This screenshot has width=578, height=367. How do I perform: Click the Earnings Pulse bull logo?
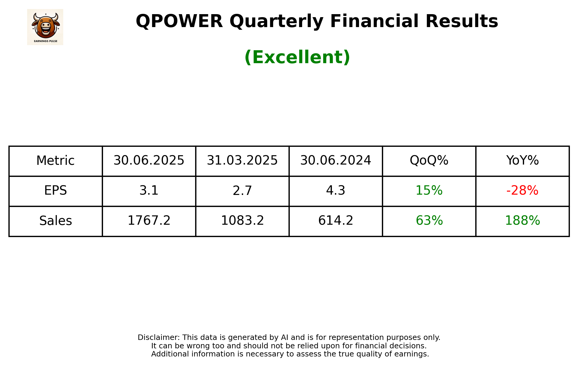click(x=45, y=27)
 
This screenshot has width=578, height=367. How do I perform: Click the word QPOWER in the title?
click(x=179, y=22)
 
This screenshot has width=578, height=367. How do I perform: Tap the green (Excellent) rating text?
click(x=297, y=57)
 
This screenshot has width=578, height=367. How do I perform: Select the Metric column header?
click(x=55, y=161)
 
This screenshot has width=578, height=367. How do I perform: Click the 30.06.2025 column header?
click(x=149, y=161)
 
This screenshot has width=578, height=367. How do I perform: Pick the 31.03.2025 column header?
click(x=242, y=161)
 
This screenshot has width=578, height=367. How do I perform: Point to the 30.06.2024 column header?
click(x=336, y=161)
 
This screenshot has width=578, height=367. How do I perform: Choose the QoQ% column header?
click(x=429, y=161)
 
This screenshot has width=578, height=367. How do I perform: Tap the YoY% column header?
click(x=522, y=161)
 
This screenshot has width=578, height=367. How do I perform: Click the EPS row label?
click(x=55, y=191)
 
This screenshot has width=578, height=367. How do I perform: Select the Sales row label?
click(x=55, y=221)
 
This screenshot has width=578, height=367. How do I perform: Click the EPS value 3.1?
click(x=149, y=191)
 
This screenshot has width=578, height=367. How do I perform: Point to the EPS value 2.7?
click(x=242, y=191)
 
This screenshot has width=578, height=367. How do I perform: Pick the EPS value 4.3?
click(x=336, y=191)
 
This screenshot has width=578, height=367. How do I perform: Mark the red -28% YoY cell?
click(x=522, y=191)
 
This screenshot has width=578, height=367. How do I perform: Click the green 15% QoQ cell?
click(x=429, y=191)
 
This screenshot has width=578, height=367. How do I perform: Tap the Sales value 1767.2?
click(x=149, y=221)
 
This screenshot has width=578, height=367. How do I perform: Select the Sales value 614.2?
click(x=336, y=221)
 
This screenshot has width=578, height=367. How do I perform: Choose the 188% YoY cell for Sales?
click(x=522, y=221)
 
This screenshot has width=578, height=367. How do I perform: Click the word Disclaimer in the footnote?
click(x=158, y=338)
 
